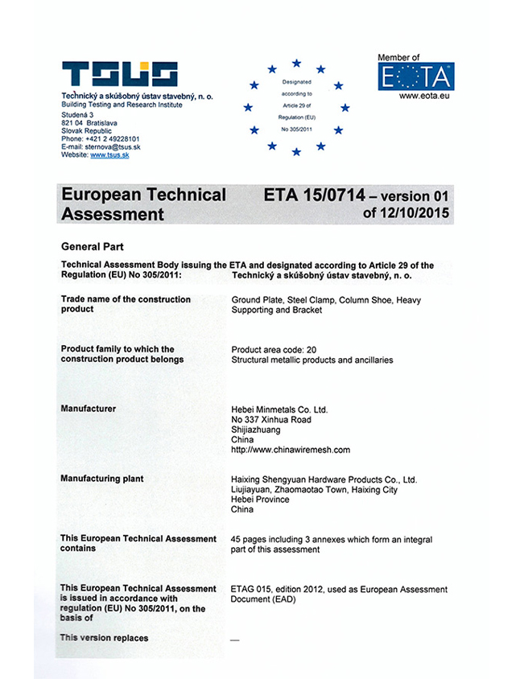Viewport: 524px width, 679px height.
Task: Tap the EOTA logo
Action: click(x=415, y=78)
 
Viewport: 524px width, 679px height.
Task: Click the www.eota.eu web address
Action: click(x=416, y=97)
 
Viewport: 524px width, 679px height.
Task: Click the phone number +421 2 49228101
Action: click(x=111, y=138)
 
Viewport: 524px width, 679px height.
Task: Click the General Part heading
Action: click(x=92, y=247)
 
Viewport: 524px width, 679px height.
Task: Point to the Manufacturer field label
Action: click(x=89, y=409)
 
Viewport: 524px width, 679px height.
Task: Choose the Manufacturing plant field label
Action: click(x=102, y=479)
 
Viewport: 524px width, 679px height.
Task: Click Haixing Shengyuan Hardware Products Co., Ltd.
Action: click(x=324, y=479)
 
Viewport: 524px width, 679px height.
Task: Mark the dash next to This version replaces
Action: click(x=235, y=639)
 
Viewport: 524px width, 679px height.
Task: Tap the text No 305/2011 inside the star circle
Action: click(x=296, y=129)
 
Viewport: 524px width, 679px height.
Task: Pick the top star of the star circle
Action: click(x=296, y=63)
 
